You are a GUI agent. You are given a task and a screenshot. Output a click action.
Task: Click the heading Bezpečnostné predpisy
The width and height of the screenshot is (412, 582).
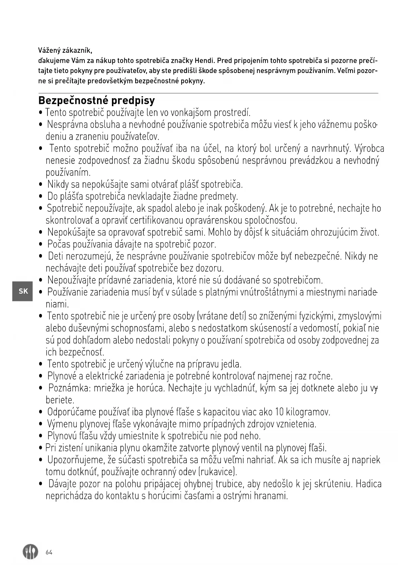pyautogui.click(x=97, y=101)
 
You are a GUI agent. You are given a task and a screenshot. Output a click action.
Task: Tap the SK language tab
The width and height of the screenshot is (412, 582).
pyautogui.click(x=23, y=291)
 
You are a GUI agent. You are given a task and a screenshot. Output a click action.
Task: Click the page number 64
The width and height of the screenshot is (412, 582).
pyautogui.click(x=49, y=552)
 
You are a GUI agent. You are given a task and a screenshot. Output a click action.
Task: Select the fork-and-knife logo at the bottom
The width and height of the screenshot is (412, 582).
pyautogui.click(x=30, y=552)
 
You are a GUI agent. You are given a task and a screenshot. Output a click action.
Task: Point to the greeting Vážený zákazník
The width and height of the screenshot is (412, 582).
pyautogui.click(x=65, y=51)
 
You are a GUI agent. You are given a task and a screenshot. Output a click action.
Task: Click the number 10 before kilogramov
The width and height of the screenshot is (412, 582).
pyautogui.click(x=279, y=412)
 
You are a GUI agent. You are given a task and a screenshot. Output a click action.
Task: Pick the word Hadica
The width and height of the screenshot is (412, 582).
pyautogui.click(x=369, y=484)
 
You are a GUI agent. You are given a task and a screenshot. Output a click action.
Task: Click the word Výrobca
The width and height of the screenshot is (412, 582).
pyautogui.click(x=369, y=149)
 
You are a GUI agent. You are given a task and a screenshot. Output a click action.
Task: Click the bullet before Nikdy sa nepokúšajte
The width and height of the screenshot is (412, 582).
pyautogui.click(x=41, y=184)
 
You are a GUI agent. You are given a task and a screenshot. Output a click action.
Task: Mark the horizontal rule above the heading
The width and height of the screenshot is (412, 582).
pyautogui.click(x=208, y=93)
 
